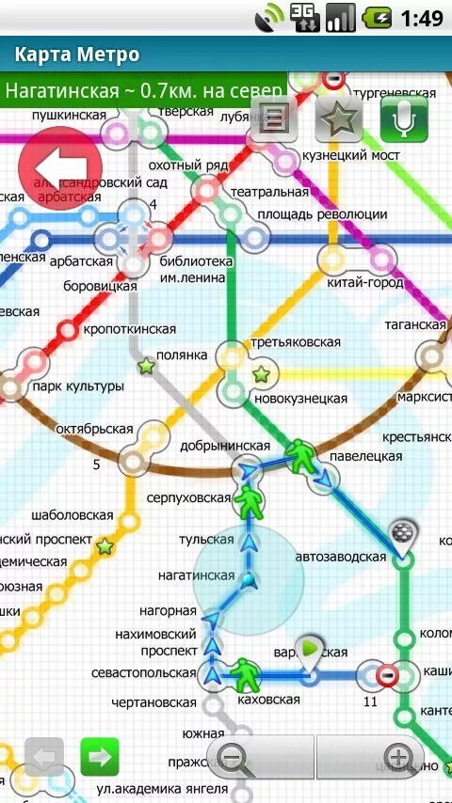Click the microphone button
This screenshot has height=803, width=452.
coord(404,118)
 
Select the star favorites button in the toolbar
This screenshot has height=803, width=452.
coord(338,118)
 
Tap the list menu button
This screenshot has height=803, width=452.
coord(274,119)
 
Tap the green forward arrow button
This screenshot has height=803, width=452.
coord(99,755)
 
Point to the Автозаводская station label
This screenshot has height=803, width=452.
coord(341,557)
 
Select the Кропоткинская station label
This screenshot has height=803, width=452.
coord(130,329)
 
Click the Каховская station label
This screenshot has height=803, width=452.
coord(268,699)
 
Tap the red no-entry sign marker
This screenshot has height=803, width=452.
coord(386,674)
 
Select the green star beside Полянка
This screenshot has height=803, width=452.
coord(146,365)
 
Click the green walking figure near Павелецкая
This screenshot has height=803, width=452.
coord(300,456)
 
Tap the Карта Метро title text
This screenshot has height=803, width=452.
coord(77,55)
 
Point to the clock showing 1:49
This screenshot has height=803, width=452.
coord(421,17)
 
